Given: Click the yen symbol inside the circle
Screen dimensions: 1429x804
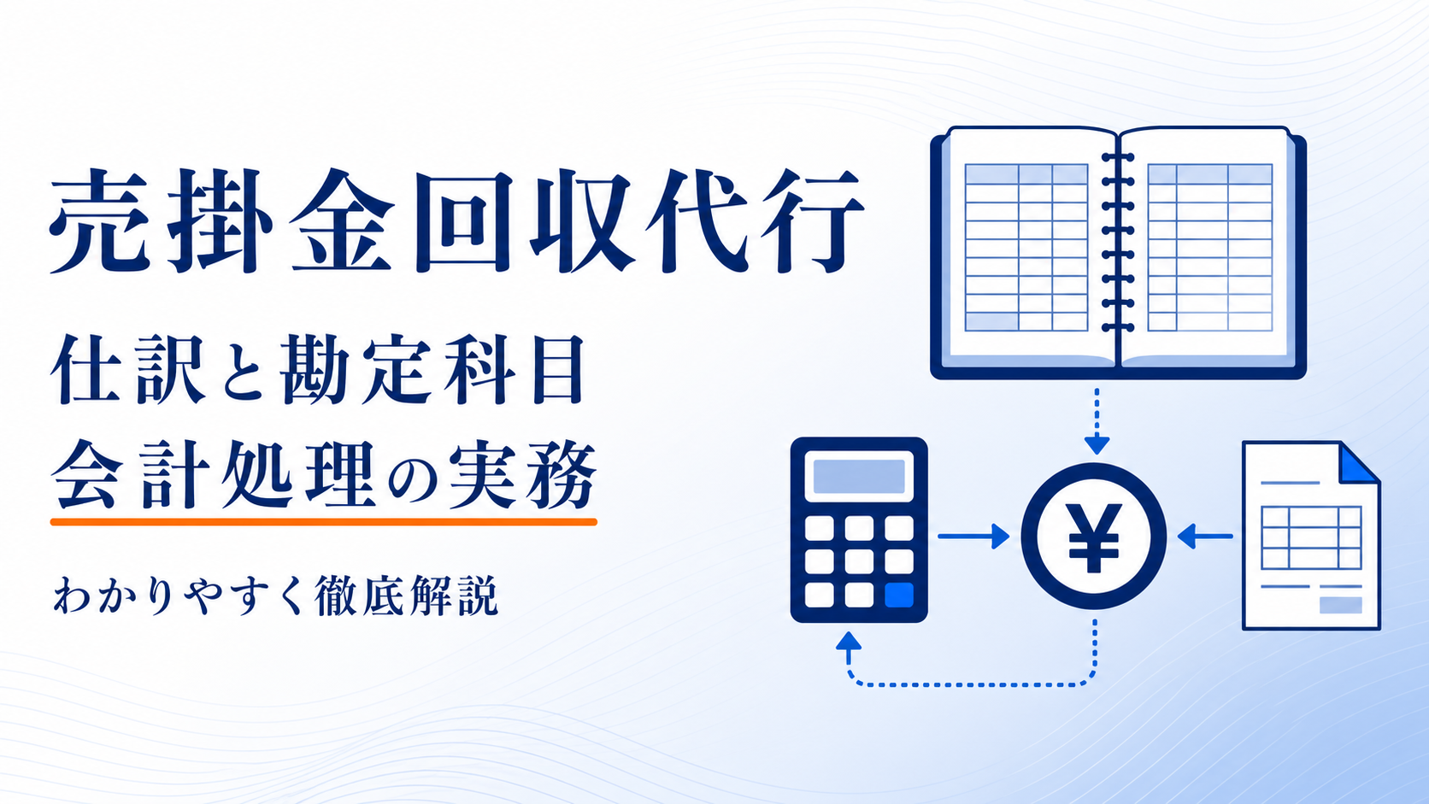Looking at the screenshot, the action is [1093, 537].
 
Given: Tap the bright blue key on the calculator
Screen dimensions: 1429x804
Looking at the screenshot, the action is [899, 595].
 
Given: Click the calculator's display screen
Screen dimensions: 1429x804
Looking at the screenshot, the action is [859, 476].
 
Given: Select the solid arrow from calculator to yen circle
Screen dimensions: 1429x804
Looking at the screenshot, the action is [973, 537].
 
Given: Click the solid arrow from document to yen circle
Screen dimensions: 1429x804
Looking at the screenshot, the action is [1204, 537].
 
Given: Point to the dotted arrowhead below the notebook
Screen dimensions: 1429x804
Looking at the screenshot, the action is [1097, 445].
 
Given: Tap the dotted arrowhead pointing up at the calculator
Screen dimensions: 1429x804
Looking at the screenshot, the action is [849, 641].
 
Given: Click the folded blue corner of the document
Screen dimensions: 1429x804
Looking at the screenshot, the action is [1357, 463].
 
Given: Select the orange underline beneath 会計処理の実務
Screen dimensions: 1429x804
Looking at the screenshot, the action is [323, 521].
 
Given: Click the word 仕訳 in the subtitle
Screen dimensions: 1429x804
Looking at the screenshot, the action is [128, 369].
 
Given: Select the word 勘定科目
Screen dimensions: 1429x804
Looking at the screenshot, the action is [432, 369].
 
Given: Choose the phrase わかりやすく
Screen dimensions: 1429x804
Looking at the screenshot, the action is [178, 596].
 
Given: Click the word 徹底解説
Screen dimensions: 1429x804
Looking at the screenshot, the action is [406, 596].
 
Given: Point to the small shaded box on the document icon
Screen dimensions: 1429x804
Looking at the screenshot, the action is [1340, 605].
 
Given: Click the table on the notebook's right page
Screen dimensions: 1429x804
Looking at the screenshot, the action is [1209, 248].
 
